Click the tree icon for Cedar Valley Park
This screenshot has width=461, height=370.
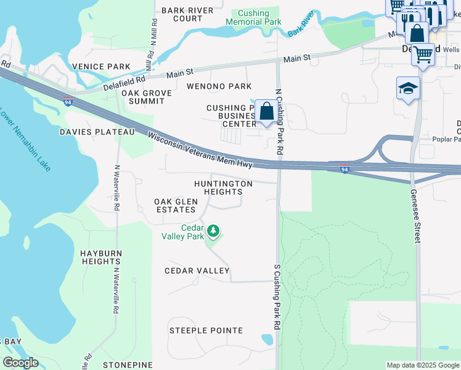pos(213,231)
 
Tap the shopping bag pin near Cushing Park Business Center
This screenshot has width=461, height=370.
pos(266,112)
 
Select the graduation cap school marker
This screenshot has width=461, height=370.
pos(408,89)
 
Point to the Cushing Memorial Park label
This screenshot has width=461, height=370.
pos(253,17)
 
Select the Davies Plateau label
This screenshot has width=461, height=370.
pos(97,132)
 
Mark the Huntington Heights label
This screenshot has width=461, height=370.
pos(223,187)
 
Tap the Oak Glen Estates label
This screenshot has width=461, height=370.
pos(176,205)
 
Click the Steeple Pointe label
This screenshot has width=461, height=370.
pos(206,331)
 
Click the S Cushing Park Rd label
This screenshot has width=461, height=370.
pos(277,296)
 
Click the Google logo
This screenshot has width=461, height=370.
pos(20,363)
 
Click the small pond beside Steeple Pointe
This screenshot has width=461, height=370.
pos(267,339)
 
